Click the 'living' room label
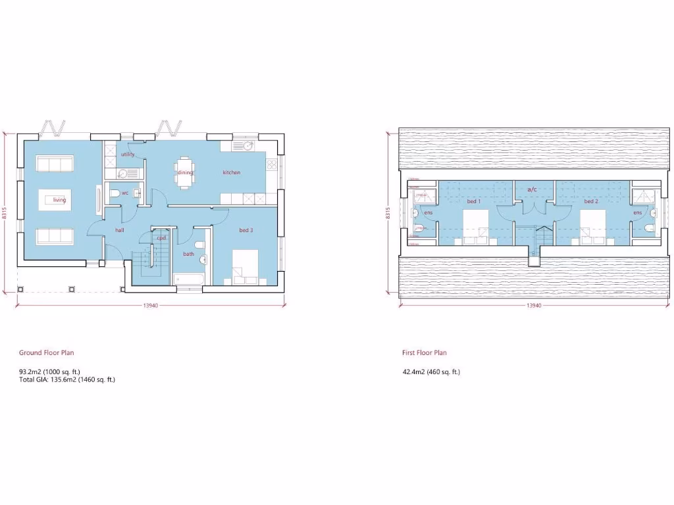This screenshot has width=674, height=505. [60, 200]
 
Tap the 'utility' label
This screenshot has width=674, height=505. [128, 155]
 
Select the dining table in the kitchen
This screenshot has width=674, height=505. [185, 172]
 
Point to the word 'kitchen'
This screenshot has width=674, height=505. [232, 172]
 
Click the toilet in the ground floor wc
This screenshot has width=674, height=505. [115, 193]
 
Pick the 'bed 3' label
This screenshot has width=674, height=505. [246, 230]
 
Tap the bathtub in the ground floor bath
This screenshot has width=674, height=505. [188, 279]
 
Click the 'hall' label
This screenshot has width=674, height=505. [120, 230]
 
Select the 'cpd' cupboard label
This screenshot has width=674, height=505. [161, 238]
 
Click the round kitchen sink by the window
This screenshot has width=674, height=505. [248, 146]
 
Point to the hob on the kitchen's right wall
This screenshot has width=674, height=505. [271, 164]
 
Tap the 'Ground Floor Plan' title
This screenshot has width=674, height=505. [47, 353]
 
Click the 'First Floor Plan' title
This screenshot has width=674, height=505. [425, 353]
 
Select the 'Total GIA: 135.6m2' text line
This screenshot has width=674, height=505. [67, 379]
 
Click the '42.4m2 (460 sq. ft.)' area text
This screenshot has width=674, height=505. [431, 372]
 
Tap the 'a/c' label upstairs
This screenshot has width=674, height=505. [532, 189]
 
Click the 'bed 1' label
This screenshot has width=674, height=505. [474, 201]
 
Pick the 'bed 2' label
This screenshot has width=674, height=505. [591, 201]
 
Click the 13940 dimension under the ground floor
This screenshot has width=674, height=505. [150, 306]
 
